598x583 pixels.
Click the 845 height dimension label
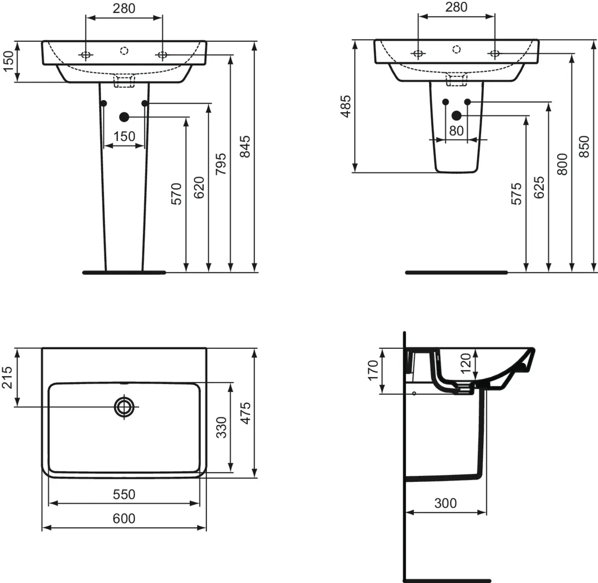[x=244, y=146]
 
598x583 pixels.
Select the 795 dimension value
[x=221, y=163]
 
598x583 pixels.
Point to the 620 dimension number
[x=198, y=187]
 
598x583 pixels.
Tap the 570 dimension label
[x=176, y=194]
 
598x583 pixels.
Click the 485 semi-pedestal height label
[x=345, y=106]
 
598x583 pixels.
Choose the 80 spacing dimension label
[x=456, y=131]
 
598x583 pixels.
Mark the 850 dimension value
[x=585, y=146]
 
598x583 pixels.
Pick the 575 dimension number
[x=516, y=193]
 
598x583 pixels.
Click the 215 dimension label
[x=7, y=378]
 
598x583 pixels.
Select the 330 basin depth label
[x=221, y=427]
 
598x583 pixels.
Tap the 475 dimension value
[x=245, y=413]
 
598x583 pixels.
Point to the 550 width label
[x=124, y=494]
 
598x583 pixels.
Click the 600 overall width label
[x=124, y=519]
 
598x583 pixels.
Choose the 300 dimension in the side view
[x=445, y=503]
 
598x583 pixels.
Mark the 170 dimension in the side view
[x=373, y=370]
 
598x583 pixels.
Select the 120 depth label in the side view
[x=465, y=363]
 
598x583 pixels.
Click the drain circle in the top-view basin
[x=124, y=407]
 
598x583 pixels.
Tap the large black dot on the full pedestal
[x=124, y=117]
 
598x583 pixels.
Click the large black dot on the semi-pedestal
[x=456, y=116]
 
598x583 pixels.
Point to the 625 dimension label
[x=539, y=187]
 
